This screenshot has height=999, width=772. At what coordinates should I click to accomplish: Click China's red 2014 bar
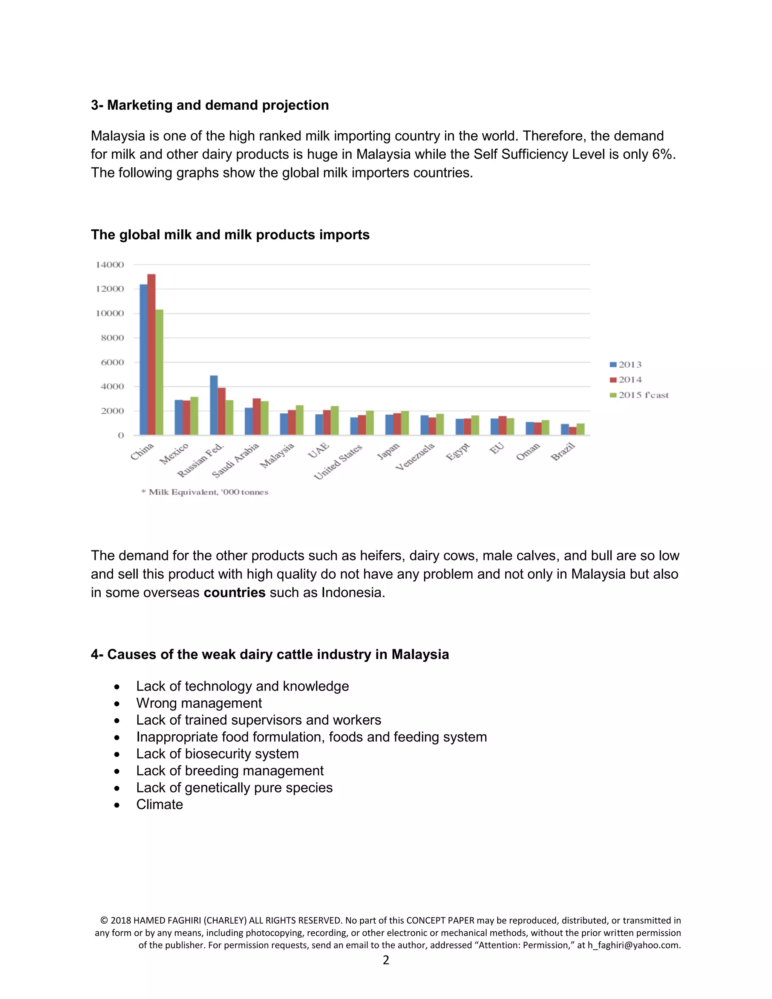click(152, 354)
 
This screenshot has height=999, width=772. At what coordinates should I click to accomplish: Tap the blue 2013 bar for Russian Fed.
click(214, 405)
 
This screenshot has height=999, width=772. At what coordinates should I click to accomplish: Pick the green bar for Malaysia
click(300, 420)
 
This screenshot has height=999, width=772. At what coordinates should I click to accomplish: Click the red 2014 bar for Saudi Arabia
click(257, 416)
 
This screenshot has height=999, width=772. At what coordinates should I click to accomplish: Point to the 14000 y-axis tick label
click(110, 264)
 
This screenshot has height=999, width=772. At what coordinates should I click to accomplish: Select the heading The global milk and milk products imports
click(230, 234)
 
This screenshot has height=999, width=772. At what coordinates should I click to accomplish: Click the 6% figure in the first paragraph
click(662, 154)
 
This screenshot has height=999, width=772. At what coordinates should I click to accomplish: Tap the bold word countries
click(234, 592)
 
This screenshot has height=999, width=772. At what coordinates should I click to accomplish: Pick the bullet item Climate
click(159, 804)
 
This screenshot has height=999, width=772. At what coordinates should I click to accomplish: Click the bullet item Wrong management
click(199, 703)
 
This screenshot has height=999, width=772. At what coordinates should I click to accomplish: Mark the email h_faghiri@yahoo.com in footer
click(634, 945)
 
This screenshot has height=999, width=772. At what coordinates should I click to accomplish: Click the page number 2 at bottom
click(386, 960)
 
